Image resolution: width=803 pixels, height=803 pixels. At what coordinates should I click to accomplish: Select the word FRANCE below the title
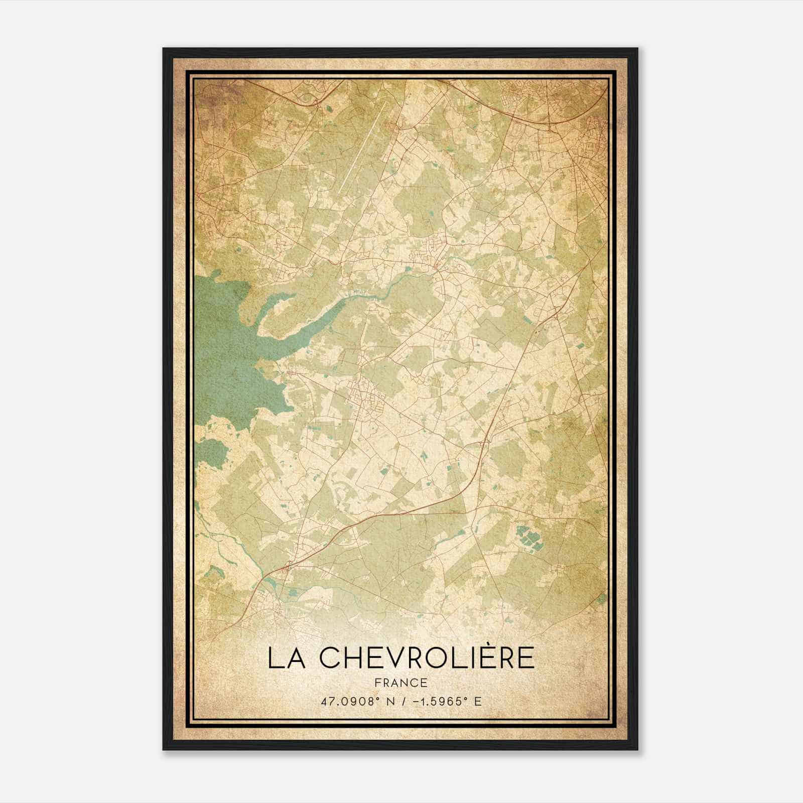[400, 683]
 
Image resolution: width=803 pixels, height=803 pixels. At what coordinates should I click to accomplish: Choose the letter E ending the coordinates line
[478, 701]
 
